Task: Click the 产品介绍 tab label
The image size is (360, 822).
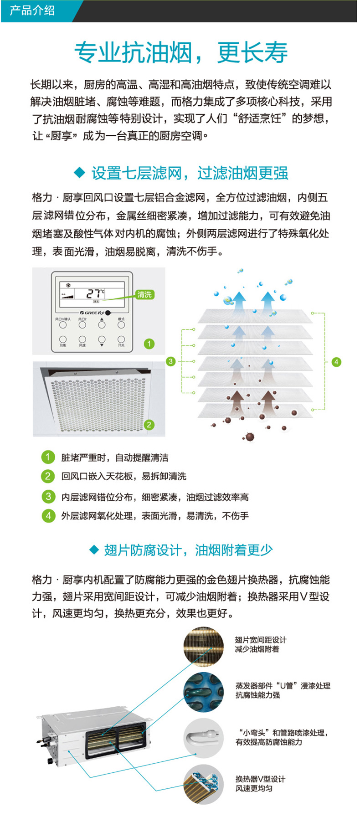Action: point(32,10)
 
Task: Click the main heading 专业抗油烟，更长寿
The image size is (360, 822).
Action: point(181,52)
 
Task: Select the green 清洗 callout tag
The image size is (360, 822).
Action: point(144,294)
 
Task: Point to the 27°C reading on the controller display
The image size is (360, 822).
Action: point(96,293)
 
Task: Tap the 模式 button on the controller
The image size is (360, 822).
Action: point(121,324)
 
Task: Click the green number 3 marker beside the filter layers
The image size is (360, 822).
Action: point(170,361)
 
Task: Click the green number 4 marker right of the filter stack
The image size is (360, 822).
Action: point(336,362)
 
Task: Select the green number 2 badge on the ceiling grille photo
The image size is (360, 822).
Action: point(149,425)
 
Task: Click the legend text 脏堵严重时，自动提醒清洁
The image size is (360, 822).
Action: point(115,457)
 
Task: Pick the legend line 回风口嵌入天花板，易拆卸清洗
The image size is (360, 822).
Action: point(123,476)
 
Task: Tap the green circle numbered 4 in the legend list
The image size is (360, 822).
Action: point(48,515)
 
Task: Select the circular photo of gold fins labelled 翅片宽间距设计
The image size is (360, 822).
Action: point(204,645)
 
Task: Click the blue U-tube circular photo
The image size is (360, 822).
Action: point(204,691)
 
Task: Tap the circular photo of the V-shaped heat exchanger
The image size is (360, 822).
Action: point(204,784)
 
